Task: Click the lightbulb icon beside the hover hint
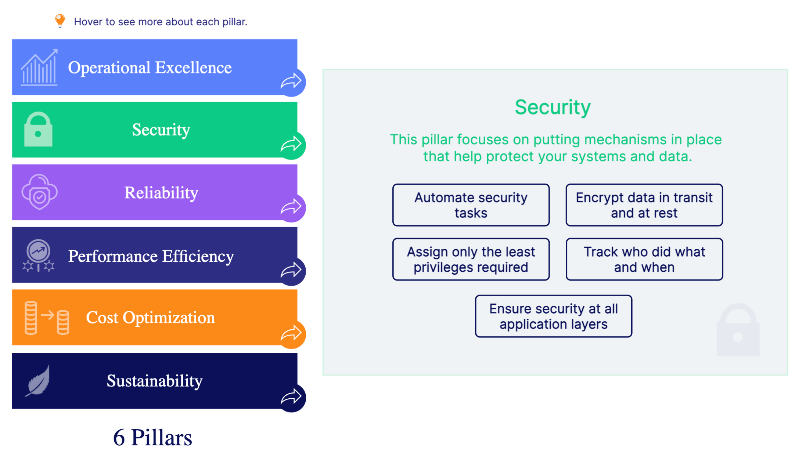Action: tap(60, 21)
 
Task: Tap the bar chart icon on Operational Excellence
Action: tap(39, 68)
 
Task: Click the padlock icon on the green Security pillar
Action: tap(38, 130)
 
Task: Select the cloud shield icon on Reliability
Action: tap(40, 192)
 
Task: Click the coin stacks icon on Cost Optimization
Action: tap(47, 318)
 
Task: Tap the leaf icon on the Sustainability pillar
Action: tap(38, 381)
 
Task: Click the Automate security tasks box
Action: tap(471, 205)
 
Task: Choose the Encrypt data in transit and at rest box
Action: tap(644, 205)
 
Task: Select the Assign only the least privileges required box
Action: tap(471, 259)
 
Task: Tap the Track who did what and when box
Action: tap(644, 259)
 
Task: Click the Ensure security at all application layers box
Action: tap(553, 316)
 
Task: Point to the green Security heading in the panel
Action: tap(553, 107)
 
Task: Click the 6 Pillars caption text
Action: tap(152, 437)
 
